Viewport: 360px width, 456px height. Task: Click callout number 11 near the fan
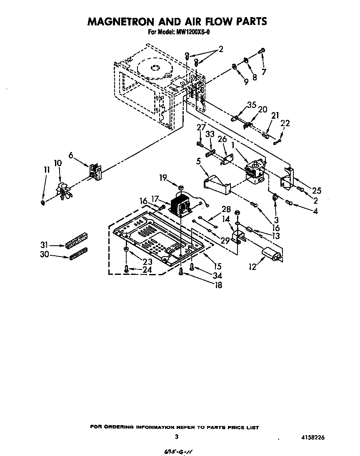click(x=47, y=169)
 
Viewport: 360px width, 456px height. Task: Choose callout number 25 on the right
click(x=317, y=191)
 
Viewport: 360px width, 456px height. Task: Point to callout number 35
click(x=251, y=105)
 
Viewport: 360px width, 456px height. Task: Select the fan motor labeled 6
click(x=95, y=171)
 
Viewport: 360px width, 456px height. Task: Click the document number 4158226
click(x=312, y=437)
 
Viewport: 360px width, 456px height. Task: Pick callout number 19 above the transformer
click(x=163, y=178)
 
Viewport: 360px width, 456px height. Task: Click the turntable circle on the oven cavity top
click(x=153, y=69)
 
